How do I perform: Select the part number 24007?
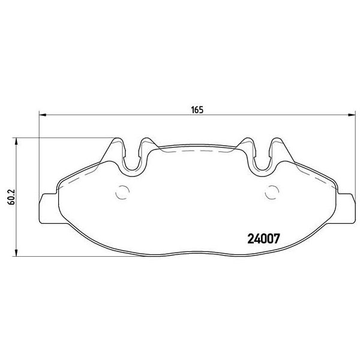(x=265, y=239)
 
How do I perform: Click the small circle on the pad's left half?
(x=122, y=194)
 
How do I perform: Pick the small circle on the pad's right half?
(x=271, y=194)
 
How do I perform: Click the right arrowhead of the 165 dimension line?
(x=349, y=115)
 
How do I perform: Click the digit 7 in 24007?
(x=280, y=239)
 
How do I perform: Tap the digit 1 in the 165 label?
(x=193, y=109)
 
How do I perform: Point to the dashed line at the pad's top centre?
(x=197, y=154)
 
